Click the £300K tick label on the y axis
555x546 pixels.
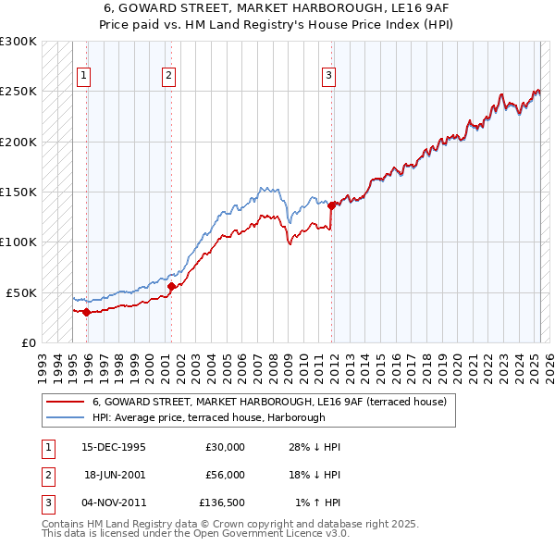click(x=18, y=42)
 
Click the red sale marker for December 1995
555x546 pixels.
click(x=86, y=312)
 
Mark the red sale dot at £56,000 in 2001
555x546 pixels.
click(x=171, y=286)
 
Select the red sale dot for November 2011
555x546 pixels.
click(x=330, y=205)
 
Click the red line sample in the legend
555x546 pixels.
click(x=65, y=402)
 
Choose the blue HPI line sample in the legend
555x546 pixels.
click(x=65, y=417)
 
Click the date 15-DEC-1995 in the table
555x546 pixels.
click(x=113, y=447)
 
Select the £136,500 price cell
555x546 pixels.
click(x=222, y=503)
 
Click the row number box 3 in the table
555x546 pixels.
click(x=47, y=503)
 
